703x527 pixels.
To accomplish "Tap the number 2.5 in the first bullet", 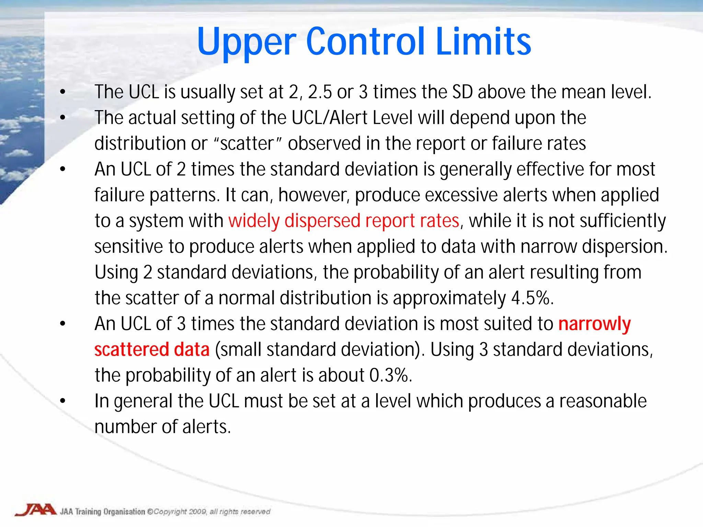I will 320,92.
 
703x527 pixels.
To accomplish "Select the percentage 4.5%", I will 532,298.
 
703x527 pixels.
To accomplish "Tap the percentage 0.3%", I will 390,375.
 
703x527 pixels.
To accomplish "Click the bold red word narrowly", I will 594,324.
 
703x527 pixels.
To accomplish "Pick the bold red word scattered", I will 131,350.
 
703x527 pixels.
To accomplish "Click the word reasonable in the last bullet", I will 603,401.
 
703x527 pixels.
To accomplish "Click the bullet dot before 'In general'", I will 62,401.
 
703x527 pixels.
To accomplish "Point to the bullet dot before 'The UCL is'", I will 62,92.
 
